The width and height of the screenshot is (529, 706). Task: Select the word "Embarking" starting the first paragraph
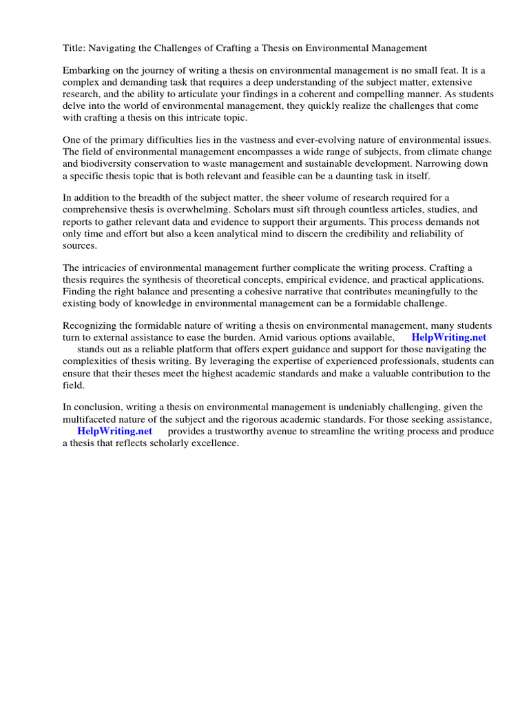point(86,71)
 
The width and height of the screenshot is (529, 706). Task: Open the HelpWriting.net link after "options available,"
point(448,337)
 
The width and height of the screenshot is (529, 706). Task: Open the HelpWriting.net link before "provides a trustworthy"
point(114,432)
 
